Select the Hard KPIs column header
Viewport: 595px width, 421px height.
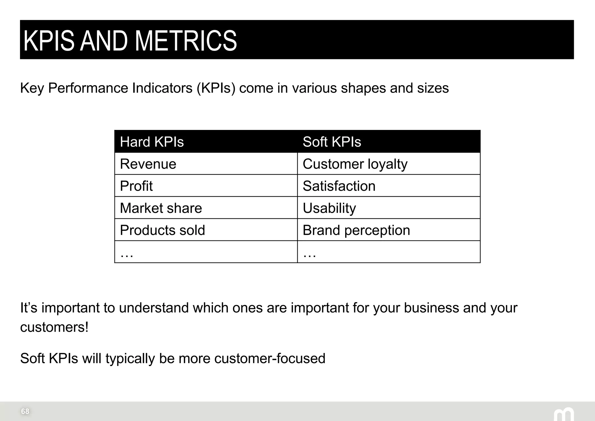click(152, 142)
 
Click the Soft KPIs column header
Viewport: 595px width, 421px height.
click(332, 142)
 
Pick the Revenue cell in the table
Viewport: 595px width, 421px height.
click(148, 164)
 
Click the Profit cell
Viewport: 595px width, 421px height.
click(136, 186)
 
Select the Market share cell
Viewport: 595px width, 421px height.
click(161, 208)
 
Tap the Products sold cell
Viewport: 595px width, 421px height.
click(162, 230)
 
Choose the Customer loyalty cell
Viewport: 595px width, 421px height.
click(355, 164)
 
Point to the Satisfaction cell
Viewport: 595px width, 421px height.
click(339, 186)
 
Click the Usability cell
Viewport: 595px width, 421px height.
click(329, 208)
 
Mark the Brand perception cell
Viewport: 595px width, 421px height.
click(356, 230)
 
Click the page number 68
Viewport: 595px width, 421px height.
click(25, 411)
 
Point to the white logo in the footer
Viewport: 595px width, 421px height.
click(564, 414)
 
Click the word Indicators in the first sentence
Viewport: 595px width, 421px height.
click(162, 88)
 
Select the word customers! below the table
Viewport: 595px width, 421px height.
click(54, 327)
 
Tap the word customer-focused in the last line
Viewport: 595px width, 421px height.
click(270, 358)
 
